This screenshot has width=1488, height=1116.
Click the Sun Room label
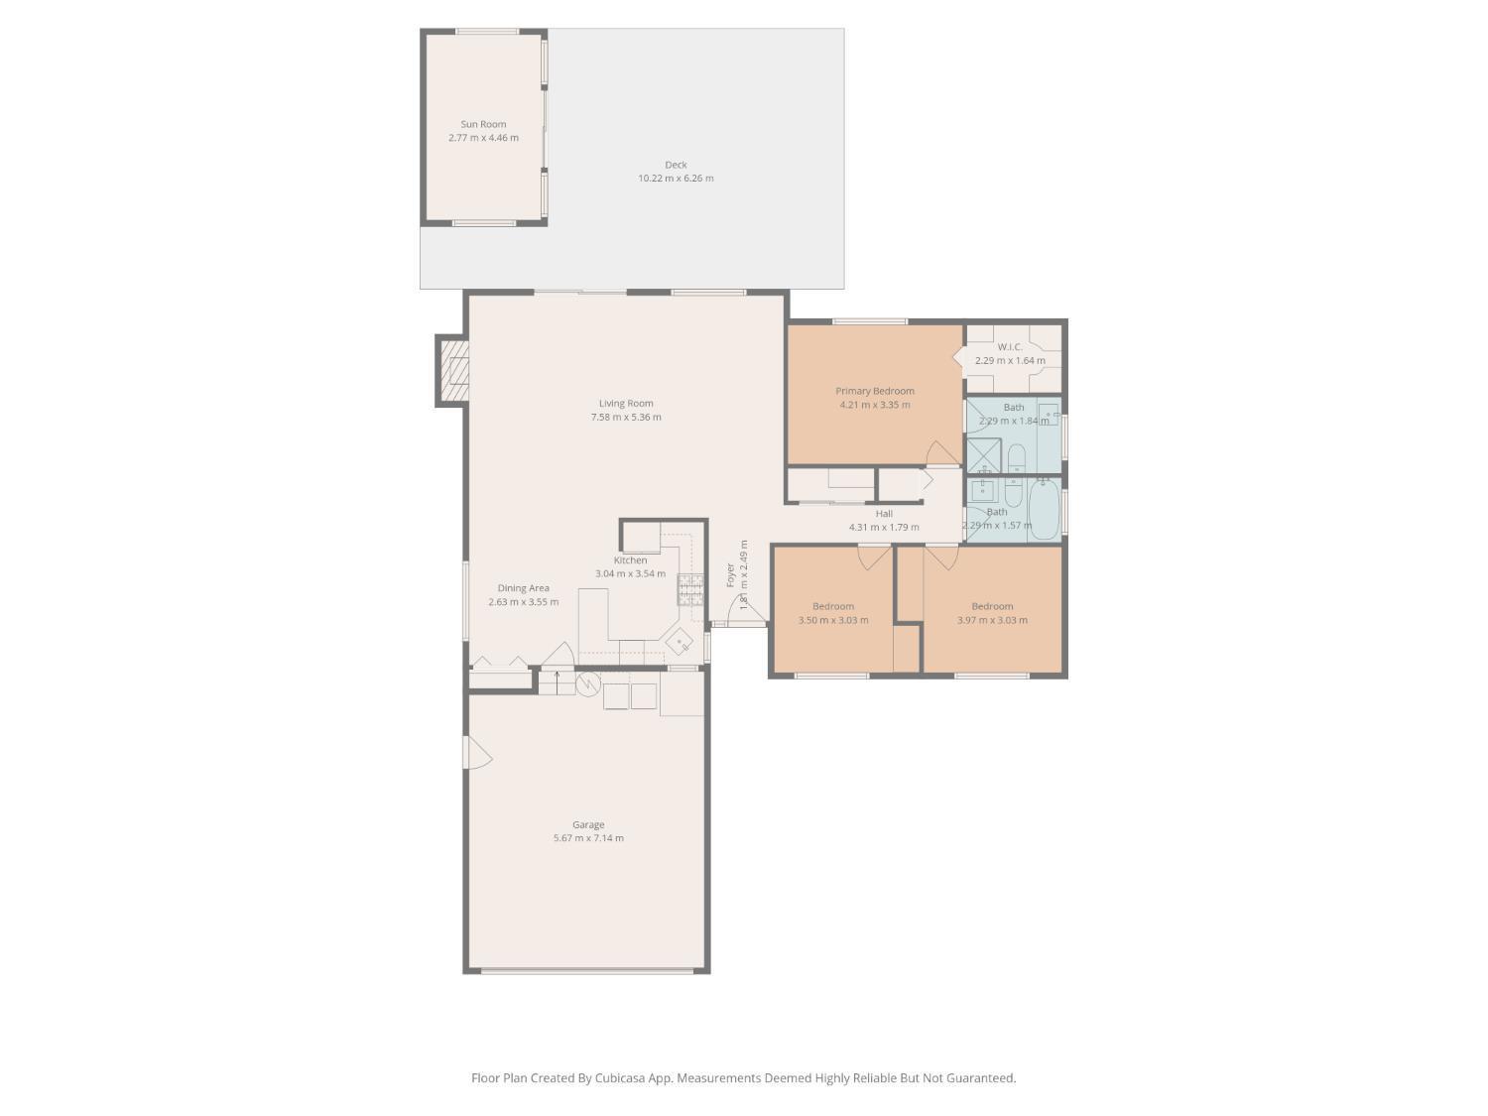483,125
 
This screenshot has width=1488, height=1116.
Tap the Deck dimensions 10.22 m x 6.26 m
676,179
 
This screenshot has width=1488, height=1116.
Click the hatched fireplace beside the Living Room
452,370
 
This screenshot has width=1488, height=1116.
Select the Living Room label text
626,404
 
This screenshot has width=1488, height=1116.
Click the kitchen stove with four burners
690,589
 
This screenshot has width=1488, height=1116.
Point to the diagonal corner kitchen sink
681,641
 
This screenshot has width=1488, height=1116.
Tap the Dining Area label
523,588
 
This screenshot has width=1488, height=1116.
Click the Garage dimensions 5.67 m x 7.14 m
588,838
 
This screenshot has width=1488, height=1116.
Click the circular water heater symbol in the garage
588,684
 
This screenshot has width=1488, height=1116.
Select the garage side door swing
477,753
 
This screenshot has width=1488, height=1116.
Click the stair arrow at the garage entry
558,682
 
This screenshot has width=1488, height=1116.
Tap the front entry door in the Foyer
745,615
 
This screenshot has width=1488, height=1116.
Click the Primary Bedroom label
874,391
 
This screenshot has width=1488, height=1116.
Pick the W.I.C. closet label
1010,347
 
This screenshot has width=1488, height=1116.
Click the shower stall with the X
984,455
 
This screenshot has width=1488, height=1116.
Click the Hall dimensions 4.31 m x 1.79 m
884,528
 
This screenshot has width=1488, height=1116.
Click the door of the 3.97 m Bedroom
941,558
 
